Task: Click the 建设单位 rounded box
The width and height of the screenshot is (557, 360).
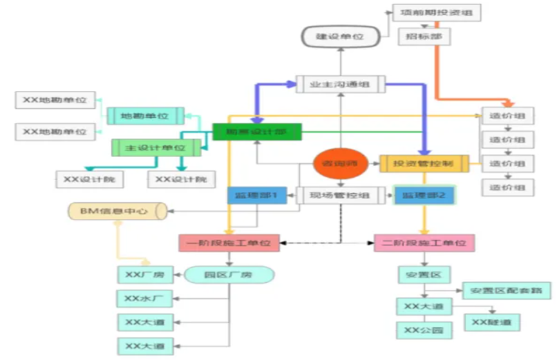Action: pos(340,37)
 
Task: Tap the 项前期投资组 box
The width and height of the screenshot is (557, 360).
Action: pos(437,13)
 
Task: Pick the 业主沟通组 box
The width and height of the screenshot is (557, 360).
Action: pos(341,84)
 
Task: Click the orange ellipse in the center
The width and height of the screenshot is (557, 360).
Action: pos(341,164)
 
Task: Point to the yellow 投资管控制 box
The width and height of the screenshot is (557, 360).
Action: pos(424,164)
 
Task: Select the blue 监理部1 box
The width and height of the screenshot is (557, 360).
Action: pos(256,194)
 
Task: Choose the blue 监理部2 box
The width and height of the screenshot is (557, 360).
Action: pos(424,194)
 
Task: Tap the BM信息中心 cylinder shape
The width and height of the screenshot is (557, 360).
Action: pos(118,211)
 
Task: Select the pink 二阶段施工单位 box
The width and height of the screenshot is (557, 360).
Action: pos(424,243)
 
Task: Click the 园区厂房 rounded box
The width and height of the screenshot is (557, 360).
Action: pos(229,275)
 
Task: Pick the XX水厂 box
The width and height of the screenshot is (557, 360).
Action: pos(145,298)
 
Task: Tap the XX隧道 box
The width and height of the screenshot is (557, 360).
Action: pos(492,322)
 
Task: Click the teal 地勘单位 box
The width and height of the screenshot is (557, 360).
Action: pos(145,116)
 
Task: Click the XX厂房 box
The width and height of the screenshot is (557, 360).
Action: pos(145,275)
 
